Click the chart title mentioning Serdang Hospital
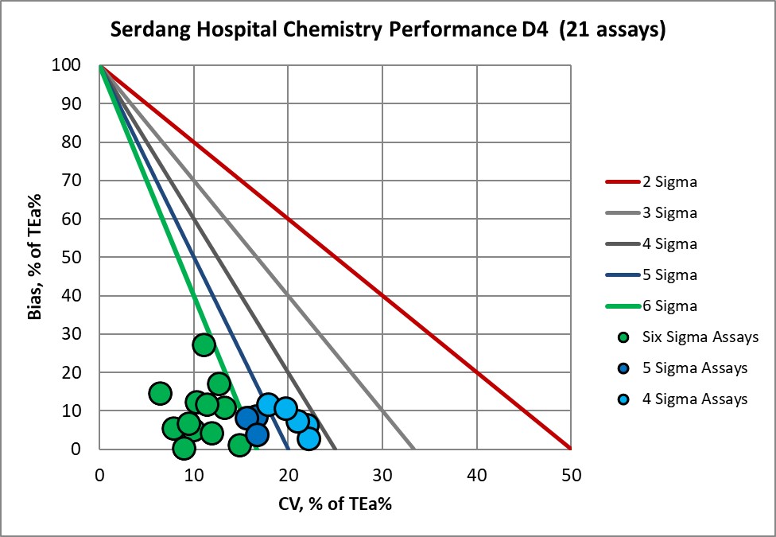coord(387,30)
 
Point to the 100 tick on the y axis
coord(70,65)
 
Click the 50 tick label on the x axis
coord(571,476)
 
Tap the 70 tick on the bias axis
coord(75,181)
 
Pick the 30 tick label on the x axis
coord(382,476)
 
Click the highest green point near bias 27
coord(204,344)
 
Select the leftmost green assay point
coord(160,393)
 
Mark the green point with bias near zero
coord(184,448)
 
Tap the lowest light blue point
coord(308,438)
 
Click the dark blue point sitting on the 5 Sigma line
coord(257,434)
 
